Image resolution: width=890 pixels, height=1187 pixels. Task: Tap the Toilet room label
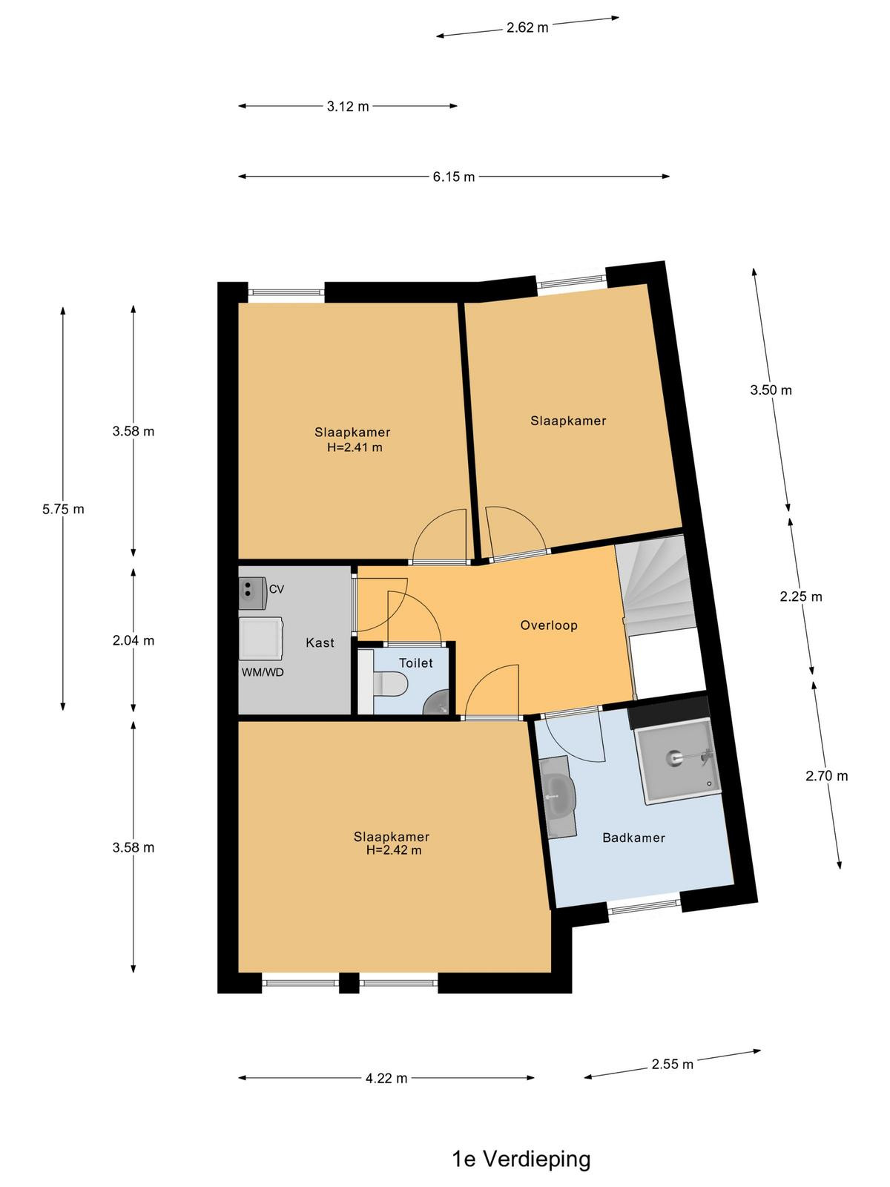[x=415, y=663]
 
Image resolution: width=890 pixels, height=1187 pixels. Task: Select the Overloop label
[x=549, y=625]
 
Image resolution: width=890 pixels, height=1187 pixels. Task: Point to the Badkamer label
[x=633, y=838]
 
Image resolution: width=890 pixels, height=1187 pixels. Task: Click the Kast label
[x=320, y=642]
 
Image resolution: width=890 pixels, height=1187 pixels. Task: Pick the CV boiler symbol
[x=252, y=593]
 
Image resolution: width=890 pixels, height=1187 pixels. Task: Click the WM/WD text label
[x=262, y=672]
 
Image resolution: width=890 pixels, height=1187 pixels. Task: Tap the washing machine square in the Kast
[x=261, y=638]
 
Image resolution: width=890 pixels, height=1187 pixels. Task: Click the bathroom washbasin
[x=558, y=796]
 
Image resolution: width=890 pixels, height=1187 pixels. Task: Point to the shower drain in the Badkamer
[x=674, y=757]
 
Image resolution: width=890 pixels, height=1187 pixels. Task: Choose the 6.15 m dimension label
[x=453, y=177]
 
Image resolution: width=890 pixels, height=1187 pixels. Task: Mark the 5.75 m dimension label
[x=63, y=509]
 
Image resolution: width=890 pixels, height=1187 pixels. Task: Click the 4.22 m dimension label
[x=386, y=1078]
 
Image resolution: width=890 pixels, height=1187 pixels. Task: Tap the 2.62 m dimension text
[x=527, y=27]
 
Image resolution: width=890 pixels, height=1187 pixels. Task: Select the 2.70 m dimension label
[x=826, y=776]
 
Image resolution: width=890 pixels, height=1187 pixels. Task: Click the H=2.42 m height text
[x=393, y=850]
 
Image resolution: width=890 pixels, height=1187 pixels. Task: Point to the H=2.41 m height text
[x=355, y=447]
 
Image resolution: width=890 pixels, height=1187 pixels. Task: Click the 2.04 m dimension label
[x=133, y=640]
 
